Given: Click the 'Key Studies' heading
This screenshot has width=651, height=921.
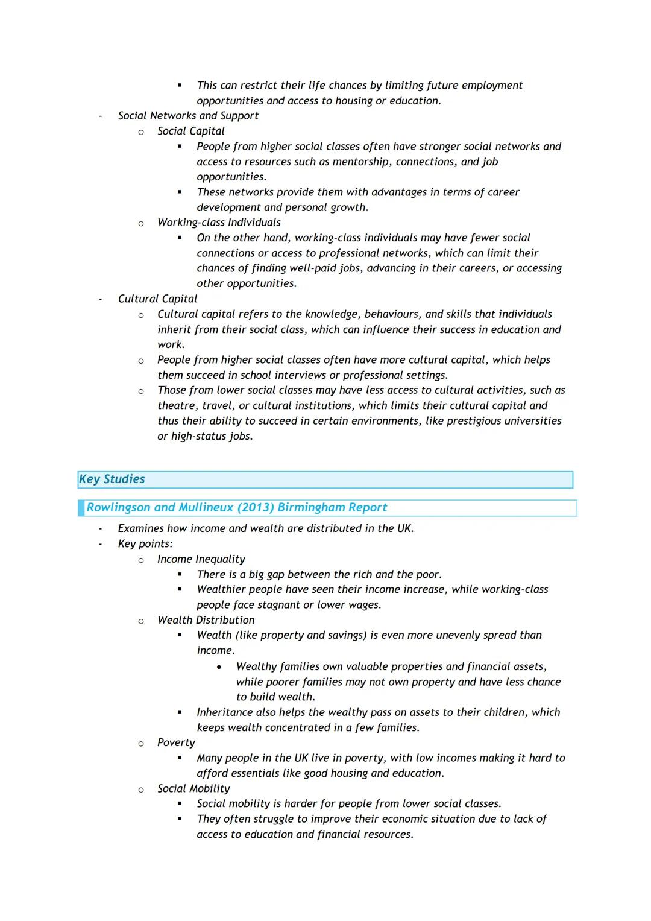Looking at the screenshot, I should tap(112, 479).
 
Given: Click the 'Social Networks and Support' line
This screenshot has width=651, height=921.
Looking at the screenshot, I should tap(188, 116).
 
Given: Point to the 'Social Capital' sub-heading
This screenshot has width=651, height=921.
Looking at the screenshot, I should tap(190, 131).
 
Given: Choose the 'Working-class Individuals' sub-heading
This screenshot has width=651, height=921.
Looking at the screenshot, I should tap(219, 223).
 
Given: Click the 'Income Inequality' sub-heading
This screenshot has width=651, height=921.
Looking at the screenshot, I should tap(201, 559).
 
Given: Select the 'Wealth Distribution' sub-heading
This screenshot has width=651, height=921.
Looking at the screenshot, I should tap(206, 620).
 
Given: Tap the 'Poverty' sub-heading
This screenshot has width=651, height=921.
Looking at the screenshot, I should tap(176, 742).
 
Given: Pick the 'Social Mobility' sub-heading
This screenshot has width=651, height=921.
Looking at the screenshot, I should tap(193, 788).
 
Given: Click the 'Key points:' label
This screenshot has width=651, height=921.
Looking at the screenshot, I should tap(145, 543).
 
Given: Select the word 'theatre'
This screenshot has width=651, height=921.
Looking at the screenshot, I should tap(177, 405).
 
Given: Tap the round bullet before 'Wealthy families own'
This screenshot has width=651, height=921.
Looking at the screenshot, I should tap(219, 667).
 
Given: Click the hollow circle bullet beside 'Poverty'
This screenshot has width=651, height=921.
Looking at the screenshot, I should tap(141, 744).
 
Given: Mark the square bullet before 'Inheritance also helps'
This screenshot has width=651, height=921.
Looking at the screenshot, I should tap(180, 712).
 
